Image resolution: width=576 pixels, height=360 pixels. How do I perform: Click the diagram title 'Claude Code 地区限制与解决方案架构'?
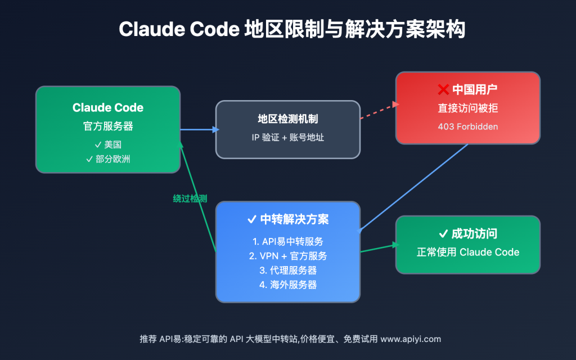pyautogui.click(x=287, y=29)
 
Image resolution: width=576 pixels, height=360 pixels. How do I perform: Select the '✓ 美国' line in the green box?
pyautogui.click(x=108, y=145)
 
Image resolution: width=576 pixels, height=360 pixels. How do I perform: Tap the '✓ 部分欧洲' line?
pyautogui.click(x=108, y=159)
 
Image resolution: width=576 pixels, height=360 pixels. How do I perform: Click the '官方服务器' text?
pyautogui.click(x=108, y=127)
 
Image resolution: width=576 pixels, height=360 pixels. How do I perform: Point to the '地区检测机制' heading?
pyautogui.click(x=287, y=119)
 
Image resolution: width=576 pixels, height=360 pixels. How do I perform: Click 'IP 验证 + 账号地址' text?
pyautogui.click(x=287, y=137)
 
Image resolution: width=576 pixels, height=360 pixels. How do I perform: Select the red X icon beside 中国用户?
pyautogui.click(x=443, y=90)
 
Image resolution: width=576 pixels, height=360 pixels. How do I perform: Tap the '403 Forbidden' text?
pyautogui.click(x=467, y=127)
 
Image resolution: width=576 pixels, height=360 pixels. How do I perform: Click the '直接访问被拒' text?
pyautogui.click(x=467, y=109)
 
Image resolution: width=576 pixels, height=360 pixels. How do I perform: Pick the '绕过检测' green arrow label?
pyautogui.click(x=190, y=199)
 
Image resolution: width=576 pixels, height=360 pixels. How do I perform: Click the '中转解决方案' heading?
pyautogui.click(x=287, y=219)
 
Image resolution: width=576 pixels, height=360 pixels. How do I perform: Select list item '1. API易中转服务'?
pyautogui.click(x=287, y=241)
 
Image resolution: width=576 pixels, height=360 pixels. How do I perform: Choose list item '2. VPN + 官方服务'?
pyautogui.click(x=287, y=256)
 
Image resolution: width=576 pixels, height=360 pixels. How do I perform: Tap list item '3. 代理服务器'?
pyautogui.click(x=287, y=271)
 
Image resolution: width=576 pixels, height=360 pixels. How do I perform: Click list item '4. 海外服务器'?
pyautogui.click(x=287, y=285)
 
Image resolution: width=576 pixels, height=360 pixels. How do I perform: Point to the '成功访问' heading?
pyautogui.click(x=467, y=234)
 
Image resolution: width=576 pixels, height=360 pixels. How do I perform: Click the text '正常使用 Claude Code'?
pyautogui.click(x=467, y=252)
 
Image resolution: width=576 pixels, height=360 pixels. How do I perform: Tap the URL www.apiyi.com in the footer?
pyautogui.click(x=411, y=339)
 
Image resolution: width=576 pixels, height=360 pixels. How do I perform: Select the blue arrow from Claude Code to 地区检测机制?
pyautogui.click(x=198, y=129)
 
